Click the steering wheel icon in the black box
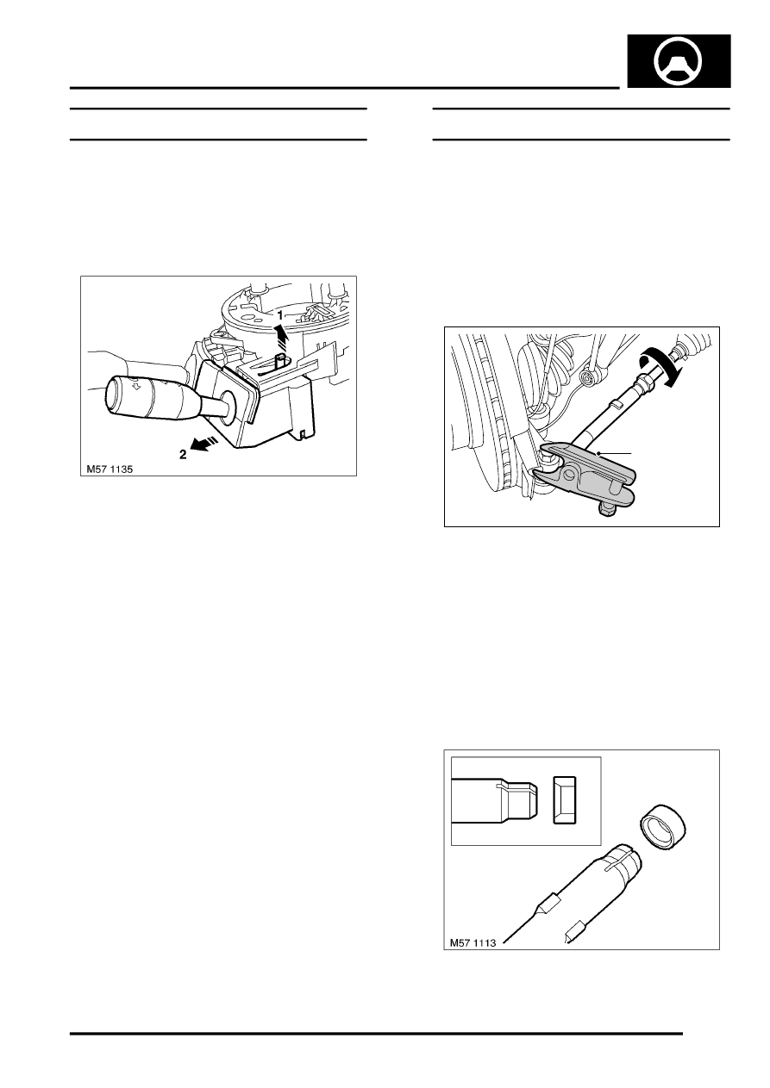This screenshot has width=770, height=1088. point(679,61)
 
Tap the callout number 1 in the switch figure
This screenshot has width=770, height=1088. point(280,315)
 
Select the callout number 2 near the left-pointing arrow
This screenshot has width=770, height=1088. point(183,455)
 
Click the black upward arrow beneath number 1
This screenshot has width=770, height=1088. point(280,336)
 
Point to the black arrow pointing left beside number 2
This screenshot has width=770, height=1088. point(204,443)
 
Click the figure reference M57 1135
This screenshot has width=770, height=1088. point(110,469)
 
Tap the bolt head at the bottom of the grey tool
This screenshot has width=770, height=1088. point(605,509)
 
